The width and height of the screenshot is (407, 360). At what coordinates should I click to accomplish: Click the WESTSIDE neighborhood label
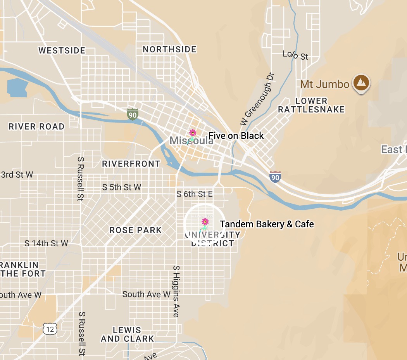click(x=62, y=50)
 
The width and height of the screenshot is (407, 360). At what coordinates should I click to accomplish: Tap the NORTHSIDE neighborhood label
click(x=170, y=49)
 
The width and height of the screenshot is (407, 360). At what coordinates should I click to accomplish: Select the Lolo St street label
click(x=295, y=55)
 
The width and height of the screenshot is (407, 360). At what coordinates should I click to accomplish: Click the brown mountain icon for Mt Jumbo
click(x=361, y=83)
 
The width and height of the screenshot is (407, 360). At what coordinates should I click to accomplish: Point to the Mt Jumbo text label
click(x=324, y=84)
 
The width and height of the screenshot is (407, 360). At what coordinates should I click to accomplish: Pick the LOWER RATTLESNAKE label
click(x=311, y=106)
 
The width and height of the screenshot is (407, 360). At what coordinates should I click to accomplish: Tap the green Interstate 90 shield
click(x=133, y=114)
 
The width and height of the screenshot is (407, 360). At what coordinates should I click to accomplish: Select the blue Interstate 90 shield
click(x=275, y=177)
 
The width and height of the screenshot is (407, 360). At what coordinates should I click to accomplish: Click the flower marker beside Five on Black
click(x=193, y=133)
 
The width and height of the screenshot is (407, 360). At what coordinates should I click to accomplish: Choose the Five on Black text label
click(x=236, y=136)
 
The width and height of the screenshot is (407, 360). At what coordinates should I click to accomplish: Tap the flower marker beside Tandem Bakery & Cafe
click(x=205, y=222)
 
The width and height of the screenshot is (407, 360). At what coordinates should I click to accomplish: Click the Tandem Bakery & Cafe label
click(x=267, y=224)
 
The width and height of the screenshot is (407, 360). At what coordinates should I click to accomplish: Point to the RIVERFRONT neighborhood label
click(x=131, y=164)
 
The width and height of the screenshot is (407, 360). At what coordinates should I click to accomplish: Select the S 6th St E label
click(x=195, y=194)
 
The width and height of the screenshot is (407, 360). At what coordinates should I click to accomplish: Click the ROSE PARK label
click(x=135, y=230)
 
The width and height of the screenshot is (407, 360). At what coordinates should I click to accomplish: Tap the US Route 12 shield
click(x=50, y=329)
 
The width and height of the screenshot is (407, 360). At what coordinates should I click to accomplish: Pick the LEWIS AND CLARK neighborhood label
click(x=127, y=334)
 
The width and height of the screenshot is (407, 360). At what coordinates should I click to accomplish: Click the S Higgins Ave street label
click(x=176, y=291)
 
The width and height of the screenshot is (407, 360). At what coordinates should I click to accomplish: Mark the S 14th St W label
click(x=46, y=243)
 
